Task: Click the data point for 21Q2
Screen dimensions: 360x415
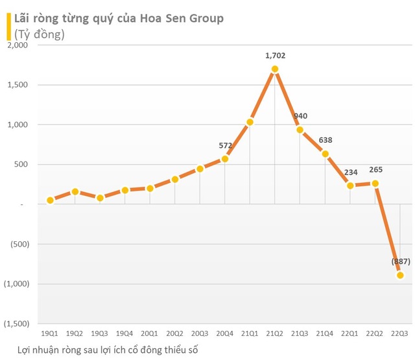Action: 275,69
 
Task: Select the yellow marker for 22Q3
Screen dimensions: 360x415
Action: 400,275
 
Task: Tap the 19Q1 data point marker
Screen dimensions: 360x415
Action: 50,200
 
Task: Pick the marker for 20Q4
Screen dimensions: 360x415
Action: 225,159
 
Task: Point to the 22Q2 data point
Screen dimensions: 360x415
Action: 375,184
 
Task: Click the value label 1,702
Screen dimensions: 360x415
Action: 275,56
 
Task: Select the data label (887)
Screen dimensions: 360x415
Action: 401,261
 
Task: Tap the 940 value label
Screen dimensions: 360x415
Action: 300,116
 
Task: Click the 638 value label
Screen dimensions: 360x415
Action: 325,140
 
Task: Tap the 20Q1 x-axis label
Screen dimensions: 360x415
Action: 150,333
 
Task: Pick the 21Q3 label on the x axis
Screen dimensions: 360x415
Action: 300,333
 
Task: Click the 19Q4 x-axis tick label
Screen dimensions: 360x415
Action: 125,333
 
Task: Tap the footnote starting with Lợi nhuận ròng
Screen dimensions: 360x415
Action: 107,350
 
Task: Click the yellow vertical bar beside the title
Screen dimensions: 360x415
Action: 8,27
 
